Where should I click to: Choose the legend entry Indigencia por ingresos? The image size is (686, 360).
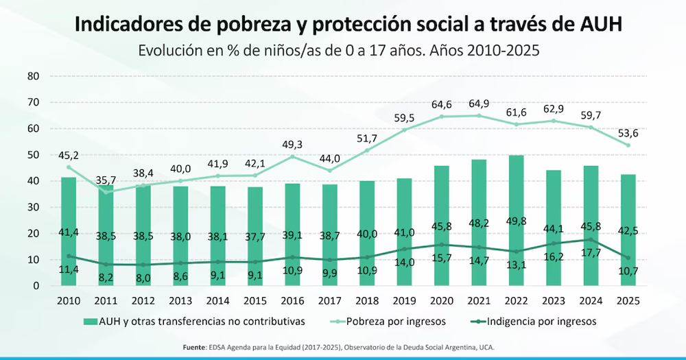pyautogui.click(x=534, y=321)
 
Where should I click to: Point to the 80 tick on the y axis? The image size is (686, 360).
pyautogui.click(x=34, y=76)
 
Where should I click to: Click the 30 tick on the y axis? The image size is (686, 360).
pyautogui.click(x=34, y=207)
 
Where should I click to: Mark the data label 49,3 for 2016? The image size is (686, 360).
pyautogui.click(x=294, y=145)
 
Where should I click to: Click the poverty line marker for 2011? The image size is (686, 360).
pyautogui.click(x=106, y=193)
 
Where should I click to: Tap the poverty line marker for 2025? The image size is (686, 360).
pyautogui.click(x=628, y=145)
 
